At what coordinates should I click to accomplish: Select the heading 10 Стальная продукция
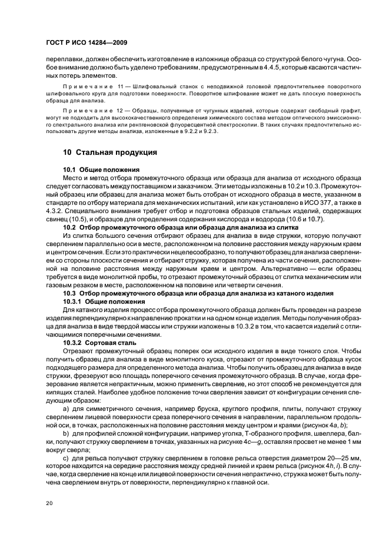click(109, 152)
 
